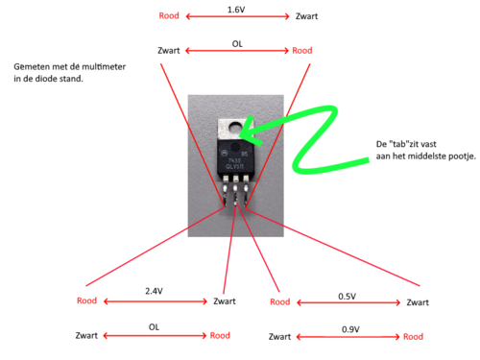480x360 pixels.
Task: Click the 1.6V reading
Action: click(x=236, y=10)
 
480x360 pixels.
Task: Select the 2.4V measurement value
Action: click(x=154, y=291)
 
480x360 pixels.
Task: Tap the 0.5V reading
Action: click(x=347, y=297)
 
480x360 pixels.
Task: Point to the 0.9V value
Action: click(x=350, y=329)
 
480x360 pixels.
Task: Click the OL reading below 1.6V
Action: click(x=237, y=44)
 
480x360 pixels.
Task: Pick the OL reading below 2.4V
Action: click(x=154, y=327)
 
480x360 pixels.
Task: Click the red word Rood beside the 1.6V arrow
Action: click(x=169, y=16)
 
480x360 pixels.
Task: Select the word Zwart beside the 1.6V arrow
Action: click(x=306, y=16)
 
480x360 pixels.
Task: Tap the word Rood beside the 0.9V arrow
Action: click(x=413, y=337)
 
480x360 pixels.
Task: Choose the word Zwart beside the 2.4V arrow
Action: click(x=225, y=301)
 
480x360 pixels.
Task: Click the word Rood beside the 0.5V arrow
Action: click(x=280, y=302)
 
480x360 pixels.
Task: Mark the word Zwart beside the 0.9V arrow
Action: click(x=279, y=337)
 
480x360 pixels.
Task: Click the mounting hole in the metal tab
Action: click(x=236, y=129)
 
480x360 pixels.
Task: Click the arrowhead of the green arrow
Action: click(x=248, y=132)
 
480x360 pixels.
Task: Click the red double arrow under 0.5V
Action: click(x=348, y=302)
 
